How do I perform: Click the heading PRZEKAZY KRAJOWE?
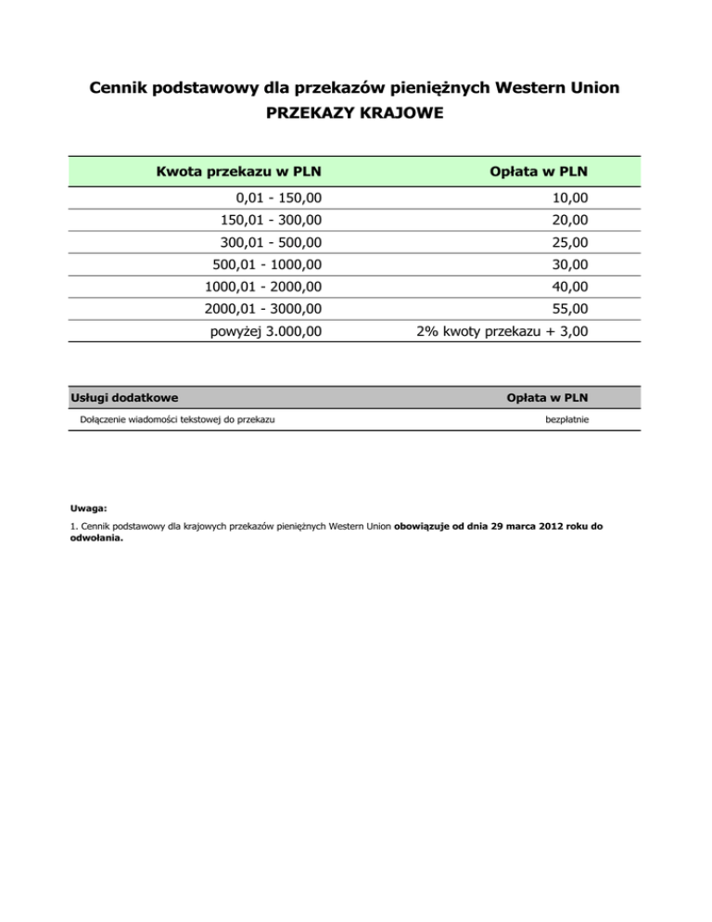(355, 113)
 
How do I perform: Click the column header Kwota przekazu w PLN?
(232, 171)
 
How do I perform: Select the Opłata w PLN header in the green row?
(543, 171)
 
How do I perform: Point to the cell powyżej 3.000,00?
(268, 331)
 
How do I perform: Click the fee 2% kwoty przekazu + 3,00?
(502, 331)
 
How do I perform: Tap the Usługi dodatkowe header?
(124, 398)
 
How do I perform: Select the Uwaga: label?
(89, 508)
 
